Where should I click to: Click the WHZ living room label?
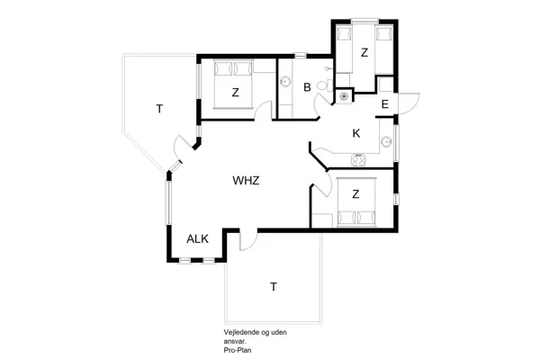[246, 181]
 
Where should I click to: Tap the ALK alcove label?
[197, 238]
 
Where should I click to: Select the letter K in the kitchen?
[355, 133]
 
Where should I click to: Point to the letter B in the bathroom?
[307, 87]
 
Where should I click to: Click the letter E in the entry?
[384, 105]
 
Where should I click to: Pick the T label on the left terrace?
[158, 109]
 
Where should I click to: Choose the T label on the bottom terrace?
[273, 287]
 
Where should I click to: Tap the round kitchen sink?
[386, 139]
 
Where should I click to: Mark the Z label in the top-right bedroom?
[364, 53]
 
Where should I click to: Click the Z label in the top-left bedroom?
[235, 92]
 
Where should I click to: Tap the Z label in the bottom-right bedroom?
[355, 193]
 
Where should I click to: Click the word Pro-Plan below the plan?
[238, 348]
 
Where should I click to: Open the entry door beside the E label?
[405, 102]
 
